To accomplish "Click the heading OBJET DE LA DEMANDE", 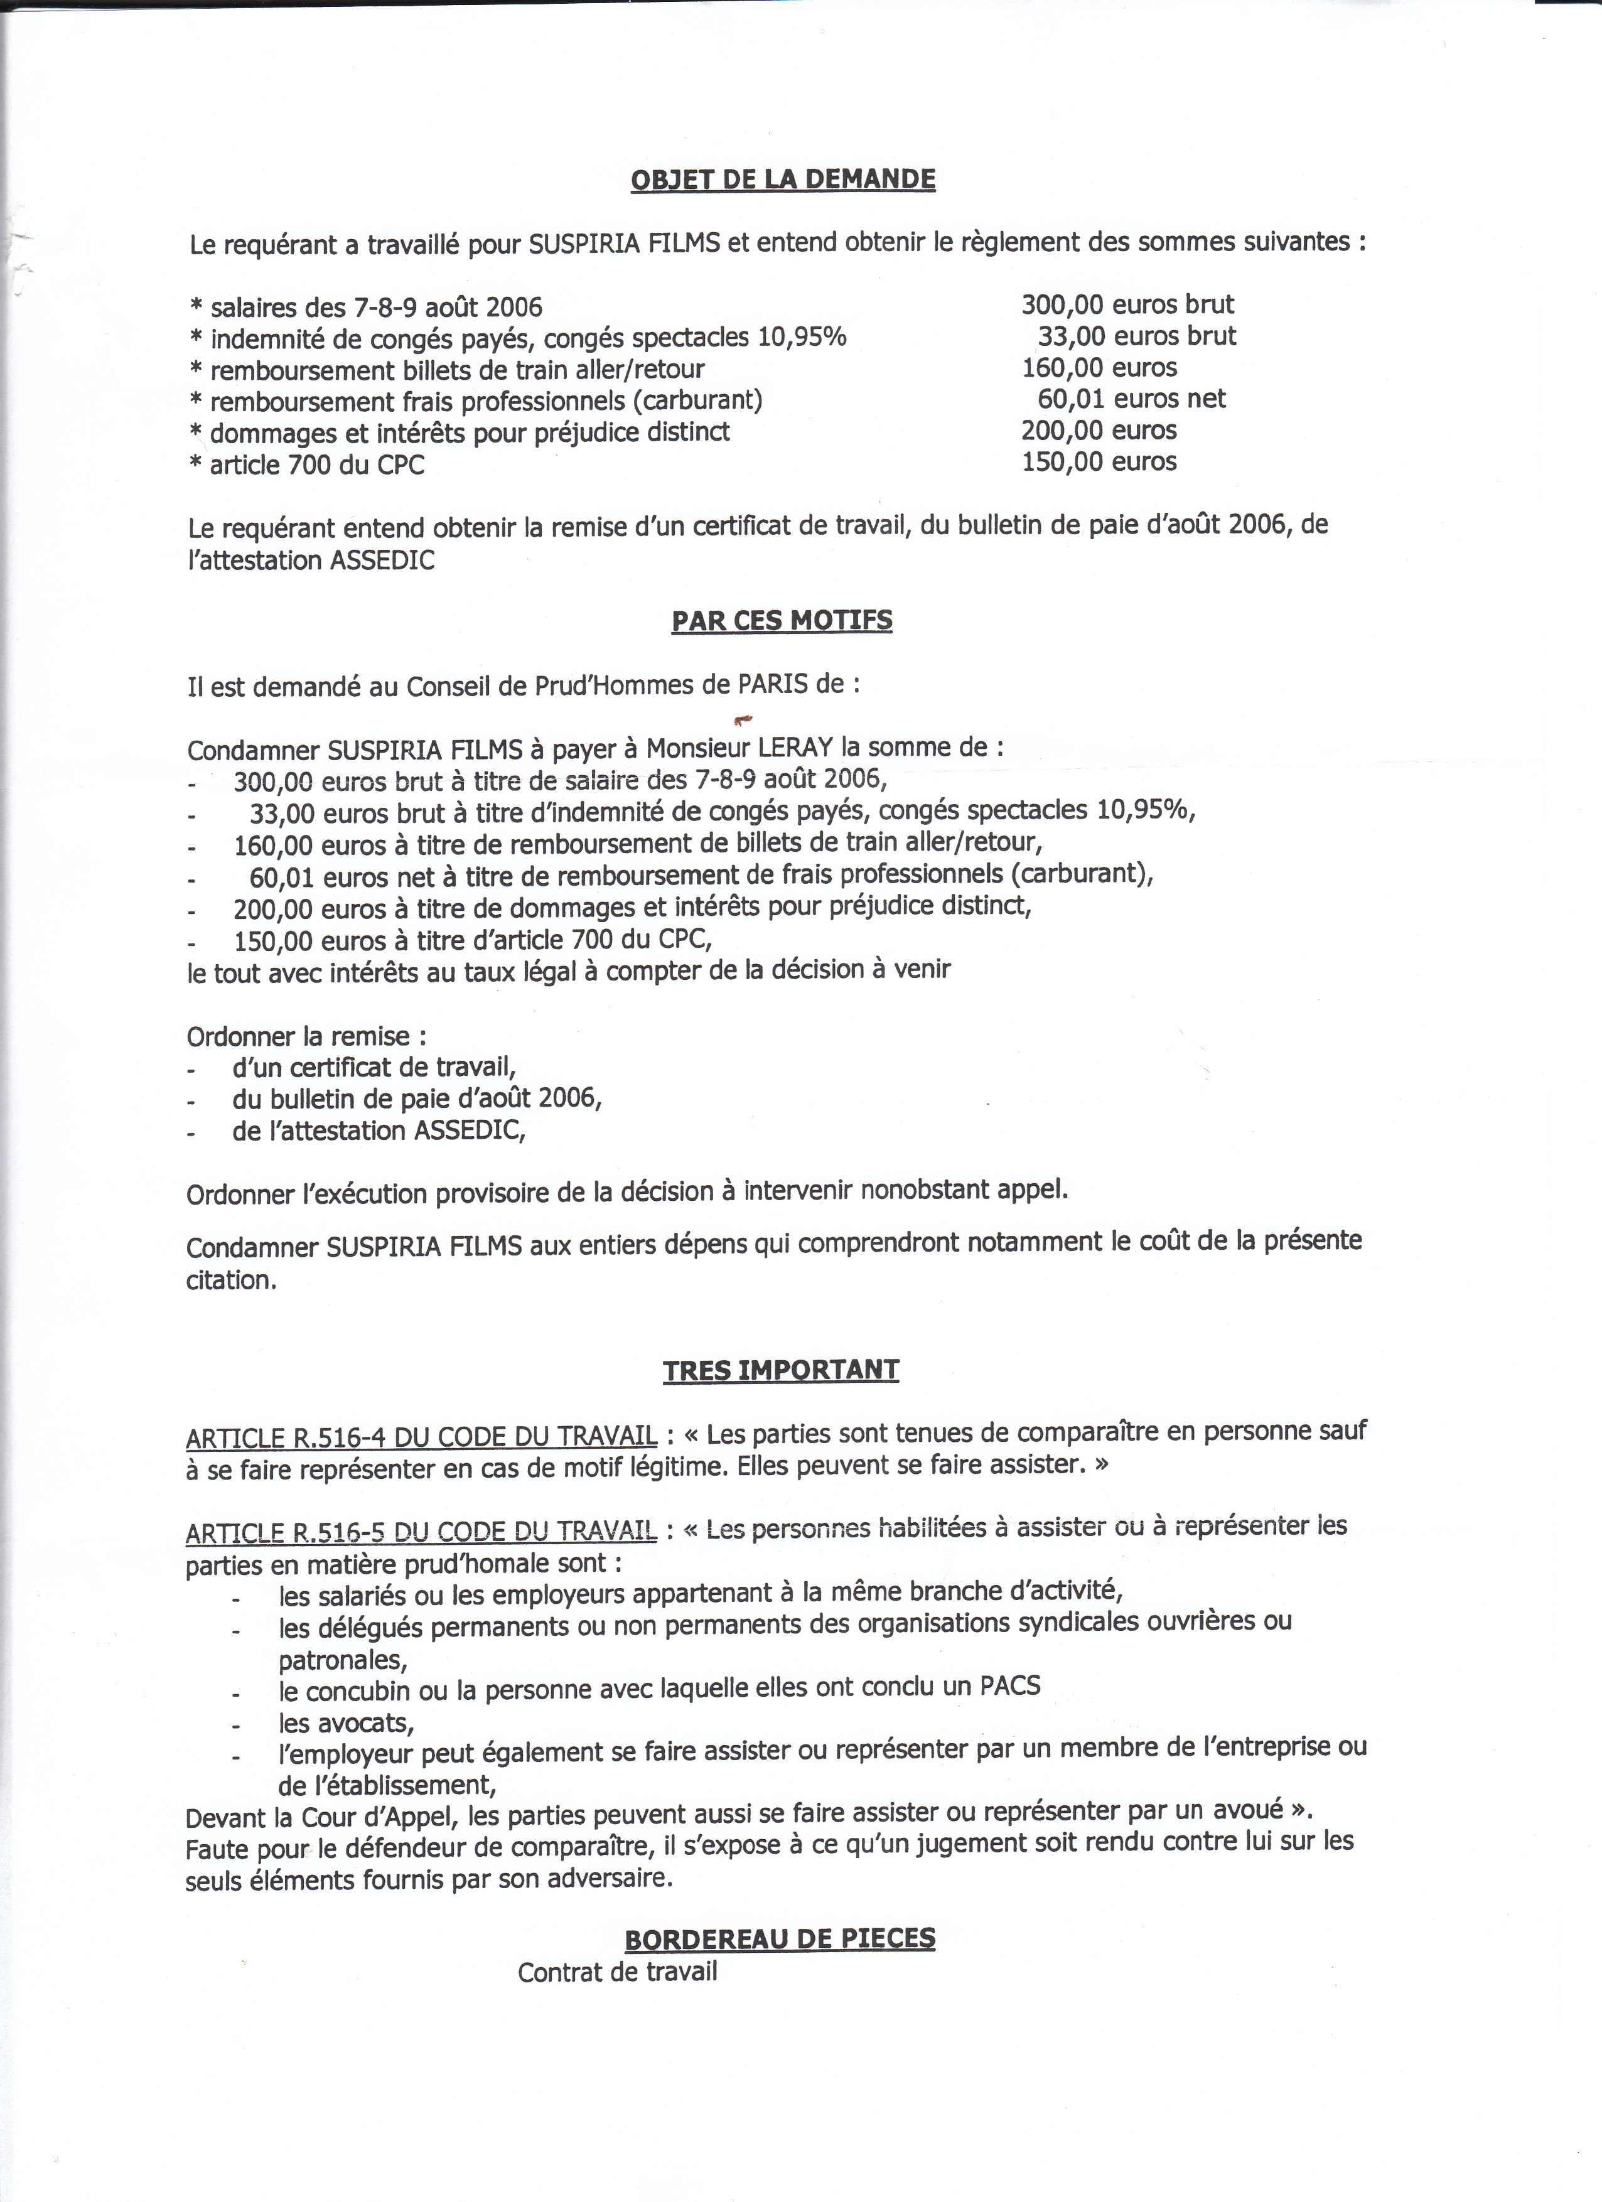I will (x=783, y=180).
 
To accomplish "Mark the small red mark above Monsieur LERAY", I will (x=745, y=719).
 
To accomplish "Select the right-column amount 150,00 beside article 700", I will (x=1063, y=462).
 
